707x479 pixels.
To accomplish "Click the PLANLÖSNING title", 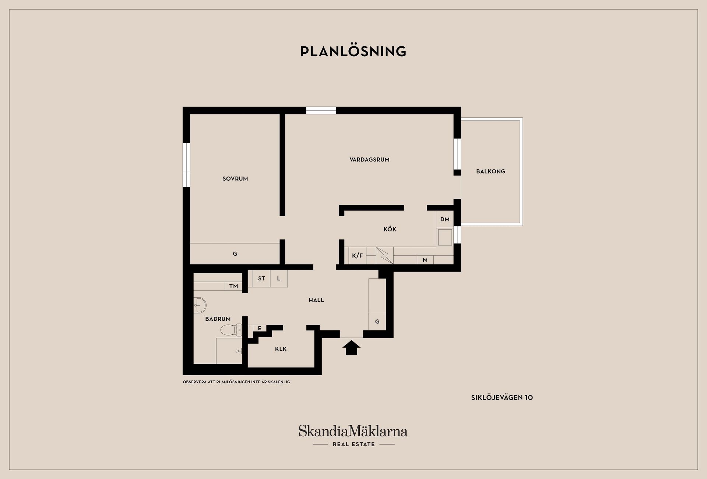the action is pos(353,51).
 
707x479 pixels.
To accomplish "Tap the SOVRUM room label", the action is pos(235,179).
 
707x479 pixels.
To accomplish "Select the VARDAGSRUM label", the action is pos(369,160).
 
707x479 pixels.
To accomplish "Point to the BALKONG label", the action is pos(490,171).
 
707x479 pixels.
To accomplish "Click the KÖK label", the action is pos(390,229).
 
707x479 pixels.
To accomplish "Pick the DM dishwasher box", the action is pos(445,219).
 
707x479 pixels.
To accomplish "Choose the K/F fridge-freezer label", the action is pos(357,256).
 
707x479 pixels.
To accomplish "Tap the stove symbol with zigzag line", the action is pos(384,255).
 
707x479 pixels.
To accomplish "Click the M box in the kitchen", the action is pos(425,260).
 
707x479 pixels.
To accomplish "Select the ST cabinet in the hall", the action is pos(261,278).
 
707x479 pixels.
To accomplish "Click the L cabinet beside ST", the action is pos(279,278).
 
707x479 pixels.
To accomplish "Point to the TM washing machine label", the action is pos(233,286).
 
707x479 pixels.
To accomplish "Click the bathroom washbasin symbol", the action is pos(200,305).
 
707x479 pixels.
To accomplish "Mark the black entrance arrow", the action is pos(351,348).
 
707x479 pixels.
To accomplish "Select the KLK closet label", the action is pos(281,349).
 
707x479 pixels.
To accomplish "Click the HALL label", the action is pos(316,300).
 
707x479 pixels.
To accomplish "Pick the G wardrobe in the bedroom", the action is pos(235,253).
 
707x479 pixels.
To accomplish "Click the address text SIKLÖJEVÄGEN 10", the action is pos(502,398).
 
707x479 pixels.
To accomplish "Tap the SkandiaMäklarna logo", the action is pos(353,436).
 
